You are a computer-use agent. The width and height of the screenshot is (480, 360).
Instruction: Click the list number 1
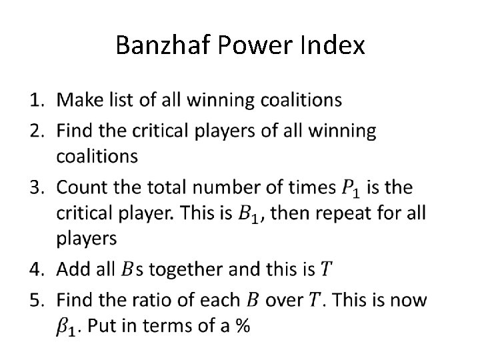point(37,101)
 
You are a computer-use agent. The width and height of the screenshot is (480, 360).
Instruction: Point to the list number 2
point(37,131)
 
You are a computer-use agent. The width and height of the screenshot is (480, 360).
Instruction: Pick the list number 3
point(37,188)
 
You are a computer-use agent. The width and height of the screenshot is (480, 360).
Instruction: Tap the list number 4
point(37,269)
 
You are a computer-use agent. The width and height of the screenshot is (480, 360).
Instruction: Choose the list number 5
point(37,300)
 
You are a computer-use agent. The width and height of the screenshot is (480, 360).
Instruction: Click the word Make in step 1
point(78,101)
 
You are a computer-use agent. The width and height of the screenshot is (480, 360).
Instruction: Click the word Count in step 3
point(81,188)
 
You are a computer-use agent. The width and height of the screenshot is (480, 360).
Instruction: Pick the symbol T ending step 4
point(325,269)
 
